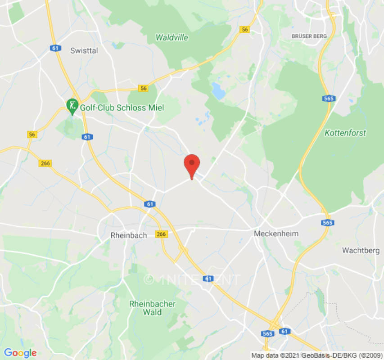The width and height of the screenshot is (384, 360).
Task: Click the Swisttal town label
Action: click(x=84, y=51)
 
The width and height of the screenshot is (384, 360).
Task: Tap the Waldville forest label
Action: click(x=172, y=37)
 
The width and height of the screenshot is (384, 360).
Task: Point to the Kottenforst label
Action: click(x=345, y=133)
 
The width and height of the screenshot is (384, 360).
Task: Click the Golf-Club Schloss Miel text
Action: click(x=122, y=108)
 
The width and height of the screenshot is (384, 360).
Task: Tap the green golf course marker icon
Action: click(x=72, y=106)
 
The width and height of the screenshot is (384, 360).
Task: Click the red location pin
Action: click(x=192, y=165)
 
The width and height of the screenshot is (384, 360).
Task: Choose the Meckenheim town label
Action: click(x=276, y=234)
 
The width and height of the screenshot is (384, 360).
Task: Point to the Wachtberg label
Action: click(x=361, y=250)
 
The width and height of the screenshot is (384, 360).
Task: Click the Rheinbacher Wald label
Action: click(x=152, y=308)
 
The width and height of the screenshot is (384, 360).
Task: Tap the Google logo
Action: click(x=20, y=353)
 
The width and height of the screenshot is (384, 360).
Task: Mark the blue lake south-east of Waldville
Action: click(x=219, y=91)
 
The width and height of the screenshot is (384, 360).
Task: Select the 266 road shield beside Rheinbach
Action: click(x=161, y=234)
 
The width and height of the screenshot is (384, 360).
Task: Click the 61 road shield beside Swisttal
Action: click(x=56, y=48)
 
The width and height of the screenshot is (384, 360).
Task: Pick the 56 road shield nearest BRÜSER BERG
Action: click(x=244, y=29)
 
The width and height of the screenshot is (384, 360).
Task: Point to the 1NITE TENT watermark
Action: click(x=192, y=279)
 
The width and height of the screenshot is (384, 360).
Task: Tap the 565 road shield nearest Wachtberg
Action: click(x=327, y=223)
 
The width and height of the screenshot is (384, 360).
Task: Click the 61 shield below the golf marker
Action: click(x=87, y=137)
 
